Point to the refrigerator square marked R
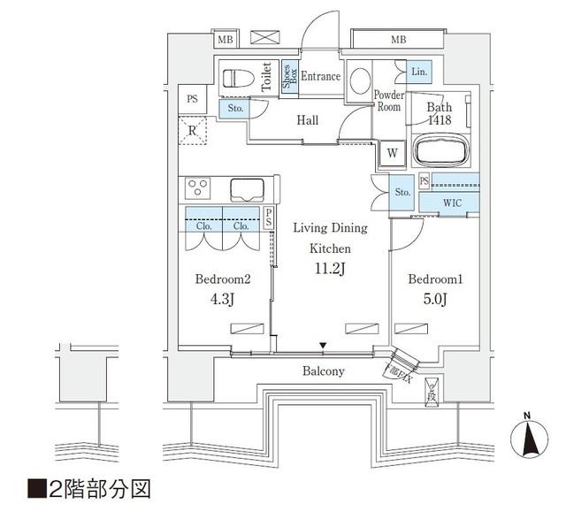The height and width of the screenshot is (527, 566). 192,132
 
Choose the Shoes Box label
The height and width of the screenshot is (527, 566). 287,77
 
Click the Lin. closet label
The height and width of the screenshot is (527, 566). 419,71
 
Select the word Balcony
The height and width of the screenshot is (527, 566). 323,371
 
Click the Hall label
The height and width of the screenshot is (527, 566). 307,121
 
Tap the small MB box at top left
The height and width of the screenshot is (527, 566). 226,40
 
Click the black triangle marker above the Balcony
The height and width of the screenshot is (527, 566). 324,346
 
